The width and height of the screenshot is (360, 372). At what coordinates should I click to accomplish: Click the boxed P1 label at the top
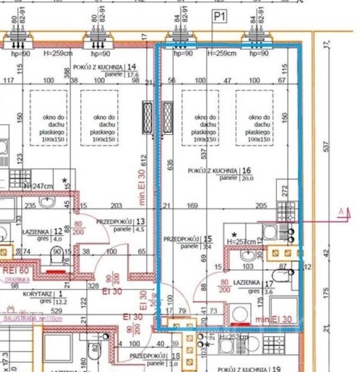218,18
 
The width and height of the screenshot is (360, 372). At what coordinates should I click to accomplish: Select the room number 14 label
131,67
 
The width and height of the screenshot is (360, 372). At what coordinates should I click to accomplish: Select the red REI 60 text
15,270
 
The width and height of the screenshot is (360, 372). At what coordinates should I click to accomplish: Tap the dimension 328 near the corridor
93,286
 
